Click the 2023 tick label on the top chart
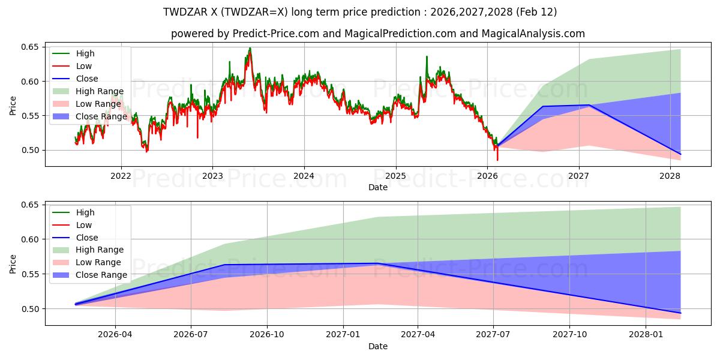click(212, 175)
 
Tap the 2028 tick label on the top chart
click(670, 175)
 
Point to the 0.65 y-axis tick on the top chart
click(30, 47)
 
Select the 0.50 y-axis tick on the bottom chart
click(30, 309)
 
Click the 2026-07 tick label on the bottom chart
click(191, 334)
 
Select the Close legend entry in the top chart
click(87, 79)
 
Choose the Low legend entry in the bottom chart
click(84, 225)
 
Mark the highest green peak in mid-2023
click(250, 48)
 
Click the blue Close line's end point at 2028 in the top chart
click(680, 154)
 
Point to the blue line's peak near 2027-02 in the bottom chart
click(378, 263)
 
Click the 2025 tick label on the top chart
click(395, 175)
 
